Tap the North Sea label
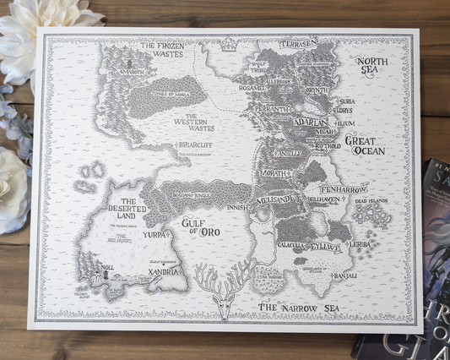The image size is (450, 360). [x=371, y=67]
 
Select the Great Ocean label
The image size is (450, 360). [x=366, y=145]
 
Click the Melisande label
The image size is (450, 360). [x=275, y=199]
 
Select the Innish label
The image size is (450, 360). [x=236, y=205]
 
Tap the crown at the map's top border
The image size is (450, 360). [x=227, y=44]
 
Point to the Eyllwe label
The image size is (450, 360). [x=325, y=247]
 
